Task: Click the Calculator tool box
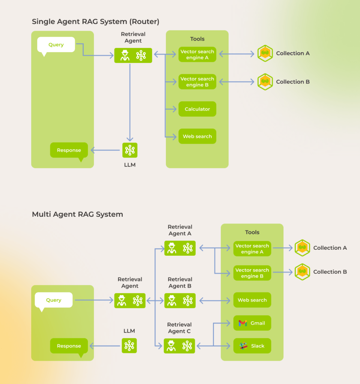[197, 109]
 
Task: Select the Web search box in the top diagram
[197, 136]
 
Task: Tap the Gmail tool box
[252, 323]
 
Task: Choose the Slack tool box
[252, 346]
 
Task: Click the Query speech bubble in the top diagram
[56, 45]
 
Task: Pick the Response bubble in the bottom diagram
[69, 346]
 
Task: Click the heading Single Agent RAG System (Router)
[95, 22]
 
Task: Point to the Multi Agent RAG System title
[77, 214]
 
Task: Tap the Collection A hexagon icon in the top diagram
[265, 53]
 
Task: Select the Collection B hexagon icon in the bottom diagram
[302, 272]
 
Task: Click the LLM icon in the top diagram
[130, 150]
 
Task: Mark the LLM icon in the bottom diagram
[130, 346]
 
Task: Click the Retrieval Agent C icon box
[179, 346]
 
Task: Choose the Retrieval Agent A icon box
[180, 248]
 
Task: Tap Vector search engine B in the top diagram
[197, 82]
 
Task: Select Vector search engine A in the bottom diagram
[252, 249]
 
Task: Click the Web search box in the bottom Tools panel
[252, 300]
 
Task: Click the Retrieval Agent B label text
[180, 283]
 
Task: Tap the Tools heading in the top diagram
[197, 39]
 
